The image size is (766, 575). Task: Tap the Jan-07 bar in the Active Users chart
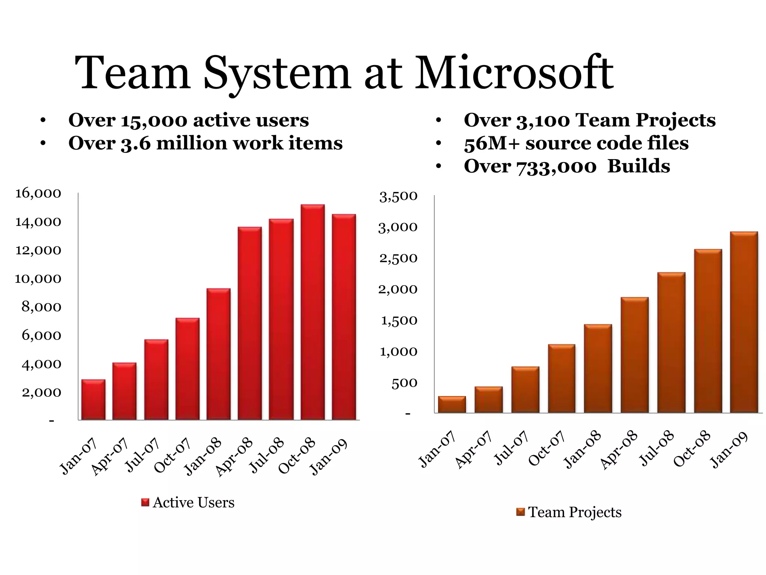click(x=93, y=399)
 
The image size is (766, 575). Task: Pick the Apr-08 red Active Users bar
click(x=249, y=323)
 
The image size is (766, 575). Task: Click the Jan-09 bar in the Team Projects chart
click(x=744, y=322)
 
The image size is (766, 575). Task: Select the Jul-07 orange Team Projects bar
click(x=525, y=390)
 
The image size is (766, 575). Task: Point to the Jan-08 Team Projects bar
click(x=598, y=368)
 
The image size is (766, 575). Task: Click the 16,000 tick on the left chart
click(x=37, y=194)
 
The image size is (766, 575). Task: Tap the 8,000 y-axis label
click(x=41, y=307)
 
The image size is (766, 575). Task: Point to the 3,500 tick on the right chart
click(x=398, y=197)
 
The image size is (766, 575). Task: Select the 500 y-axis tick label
click(x=404, y=383)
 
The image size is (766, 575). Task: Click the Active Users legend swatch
click(x=145, y=502)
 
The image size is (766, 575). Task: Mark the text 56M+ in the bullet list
click(x=491, y=144)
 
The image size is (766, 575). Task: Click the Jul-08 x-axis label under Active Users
click(x=267, y=456)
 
